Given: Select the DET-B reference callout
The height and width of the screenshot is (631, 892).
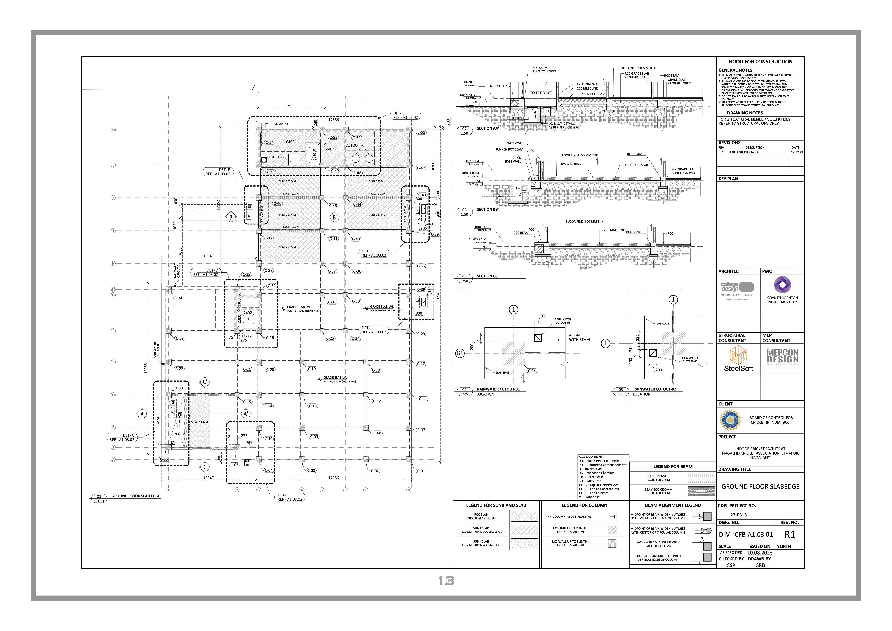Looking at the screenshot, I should pyautogui.click(x=405, y=115).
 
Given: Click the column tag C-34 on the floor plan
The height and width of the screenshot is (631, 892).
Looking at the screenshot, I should pyautogui.click(x=178, y=298).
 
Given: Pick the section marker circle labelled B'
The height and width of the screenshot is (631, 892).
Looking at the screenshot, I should pyautogui.click(x=334, y=217).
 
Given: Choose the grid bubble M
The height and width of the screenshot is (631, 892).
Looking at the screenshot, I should pyautogui.click(x=113, y=130).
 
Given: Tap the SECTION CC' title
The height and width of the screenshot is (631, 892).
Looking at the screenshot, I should pyautogui.click(x=487, y=276).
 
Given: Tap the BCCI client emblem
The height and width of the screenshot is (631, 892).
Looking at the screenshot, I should pyautogui.click(x=730, y=420).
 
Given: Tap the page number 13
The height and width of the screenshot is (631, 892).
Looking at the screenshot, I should pyautogui.click(x=446, y=581).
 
